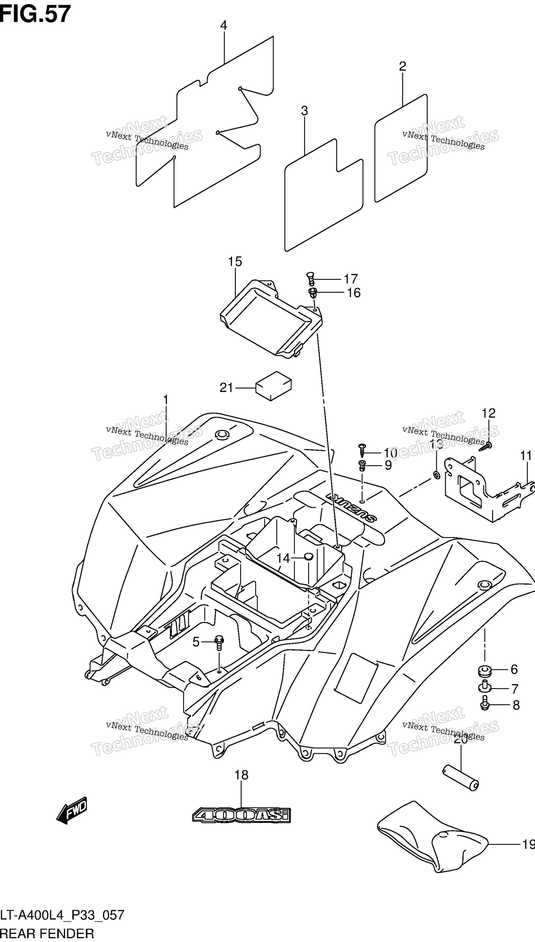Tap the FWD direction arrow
[x=72, y=810]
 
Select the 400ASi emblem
[x=242, y=815]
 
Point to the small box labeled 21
[x=274, y=386]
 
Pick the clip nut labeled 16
[x=313, y=293]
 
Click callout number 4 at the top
[x=223, y=25]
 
